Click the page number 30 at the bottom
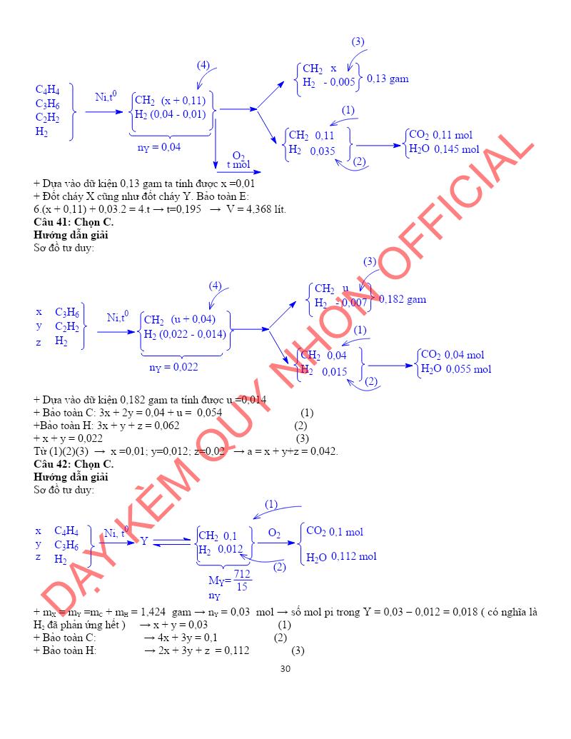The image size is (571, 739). (285, 669)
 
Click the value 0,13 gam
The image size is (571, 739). (388, 79)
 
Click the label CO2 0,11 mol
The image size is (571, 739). (440, 135)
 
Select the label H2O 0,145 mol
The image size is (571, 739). (444, 149)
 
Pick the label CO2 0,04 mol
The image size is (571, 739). (453, 355)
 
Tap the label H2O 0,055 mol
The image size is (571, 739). (456, 369)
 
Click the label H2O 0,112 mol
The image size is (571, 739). (341, 557)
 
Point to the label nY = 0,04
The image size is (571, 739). (159, 147)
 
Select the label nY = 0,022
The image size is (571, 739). (173, 367)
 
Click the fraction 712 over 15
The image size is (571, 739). (243, 580)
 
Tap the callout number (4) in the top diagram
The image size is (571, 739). (203, 65)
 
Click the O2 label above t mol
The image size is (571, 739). (238, 156)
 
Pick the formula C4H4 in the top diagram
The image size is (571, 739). (48, 90)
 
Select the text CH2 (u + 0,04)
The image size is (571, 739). (180, 319)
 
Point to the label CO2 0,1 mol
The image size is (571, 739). (334, 532)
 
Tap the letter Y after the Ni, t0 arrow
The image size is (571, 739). (143, 541)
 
